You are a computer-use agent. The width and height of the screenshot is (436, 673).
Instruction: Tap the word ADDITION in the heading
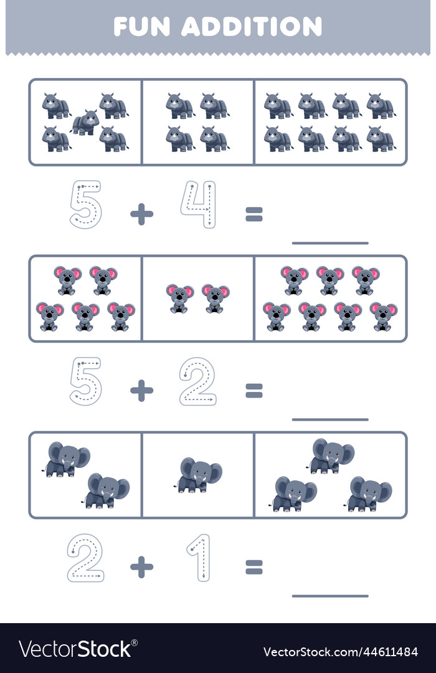point(252,26)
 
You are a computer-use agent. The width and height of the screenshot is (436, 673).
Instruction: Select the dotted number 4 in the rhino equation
point(198,204)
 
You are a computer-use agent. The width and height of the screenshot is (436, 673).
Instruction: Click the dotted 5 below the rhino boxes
point(85,204)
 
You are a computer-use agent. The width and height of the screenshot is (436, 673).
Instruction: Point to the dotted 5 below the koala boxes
point(85,381)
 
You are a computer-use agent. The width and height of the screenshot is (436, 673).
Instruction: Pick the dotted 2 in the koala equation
point(197,381)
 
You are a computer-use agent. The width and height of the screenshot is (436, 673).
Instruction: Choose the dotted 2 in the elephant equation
point(85,557)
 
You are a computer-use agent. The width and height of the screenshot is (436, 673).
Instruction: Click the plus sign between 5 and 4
point(141,214)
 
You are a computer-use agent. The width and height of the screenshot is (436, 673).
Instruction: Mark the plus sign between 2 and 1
point(141,566)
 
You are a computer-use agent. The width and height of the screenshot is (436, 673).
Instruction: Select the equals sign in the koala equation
point(254,391)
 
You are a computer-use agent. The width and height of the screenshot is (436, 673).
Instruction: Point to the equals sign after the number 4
point(254,214)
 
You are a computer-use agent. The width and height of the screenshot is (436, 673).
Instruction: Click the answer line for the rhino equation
point(330,242)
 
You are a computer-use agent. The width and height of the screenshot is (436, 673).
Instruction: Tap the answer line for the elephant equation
point(330,595)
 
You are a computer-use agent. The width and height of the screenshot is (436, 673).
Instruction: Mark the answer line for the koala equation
point(330,419)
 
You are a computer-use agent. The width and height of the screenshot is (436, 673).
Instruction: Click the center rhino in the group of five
point(85,123)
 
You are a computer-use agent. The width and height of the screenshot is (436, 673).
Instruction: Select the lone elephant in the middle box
point(198,475)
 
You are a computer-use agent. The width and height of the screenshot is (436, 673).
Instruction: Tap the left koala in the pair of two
point(179,298)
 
